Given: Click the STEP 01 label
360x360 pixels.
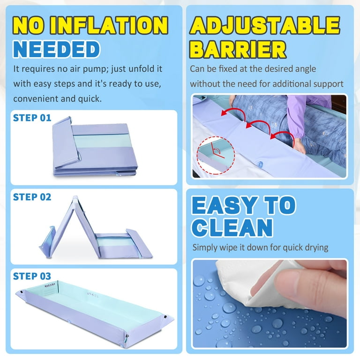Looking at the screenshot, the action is click(32, 118).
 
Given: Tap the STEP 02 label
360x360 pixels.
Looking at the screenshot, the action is click(32, 197).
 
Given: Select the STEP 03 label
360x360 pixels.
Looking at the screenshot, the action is click(32, 276).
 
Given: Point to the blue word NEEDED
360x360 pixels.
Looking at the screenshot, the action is click(56, 49).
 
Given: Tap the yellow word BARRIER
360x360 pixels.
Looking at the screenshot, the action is click(238, 49).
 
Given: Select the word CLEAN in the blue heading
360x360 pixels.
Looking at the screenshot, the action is click(232, 227).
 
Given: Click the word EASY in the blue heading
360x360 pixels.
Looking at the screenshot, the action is click(225, 205).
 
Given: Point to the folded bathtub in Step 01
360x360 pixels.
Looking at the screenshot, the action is click(95, 146).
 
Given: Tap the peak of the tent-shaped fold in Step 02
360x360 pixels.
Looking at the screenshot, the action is click(75, 197).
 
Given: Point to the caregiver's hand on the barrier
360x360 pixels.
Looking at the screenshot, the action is click(300, 146).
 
